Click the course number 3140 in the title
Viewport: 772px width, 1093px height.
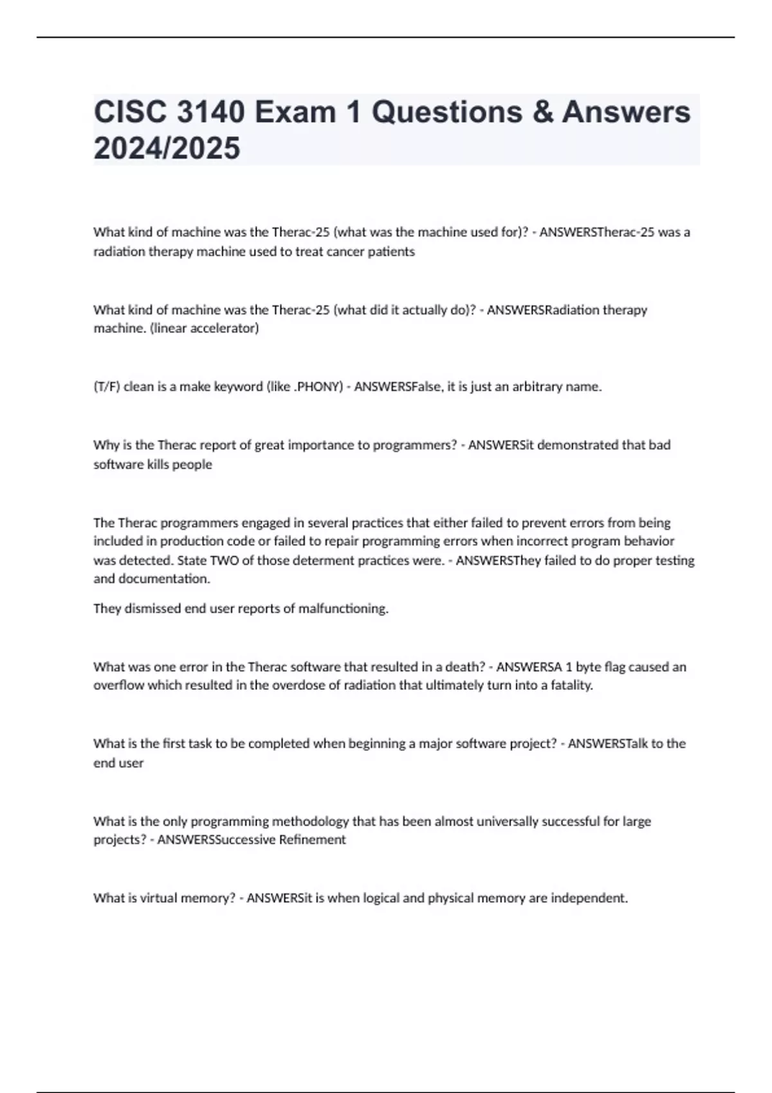pyautogui.click(x=210, y=113)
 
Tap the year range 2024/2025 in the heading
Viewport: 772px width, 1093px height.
pyautogui.click(x=167, y=149)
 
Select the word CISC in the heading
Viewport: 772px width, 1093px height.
pyautogui.click(x=127, y=113)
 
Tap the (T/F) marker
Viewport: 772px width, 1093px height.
pyautogui.click(x=107, y=386)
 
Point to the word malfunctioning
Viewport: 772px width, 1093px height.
pyautogui.click(x=343, y=608)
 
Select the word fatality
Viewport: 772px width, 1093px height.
pyautogui.click(x=569, y=685)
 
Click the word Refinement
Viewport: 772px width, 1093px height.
pyautogui.click(x=312, y=840)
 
